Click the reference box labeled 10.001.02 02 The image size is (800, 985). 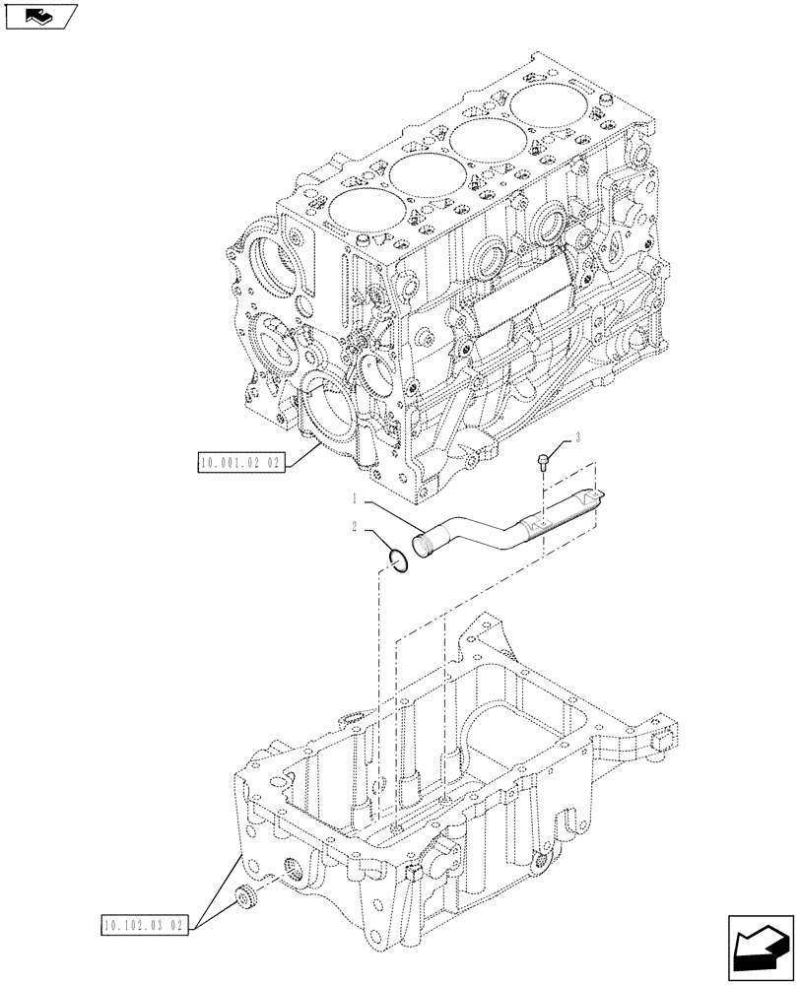coord(240,461)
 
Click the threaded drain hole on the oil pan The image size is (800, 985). coord(295,866)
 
